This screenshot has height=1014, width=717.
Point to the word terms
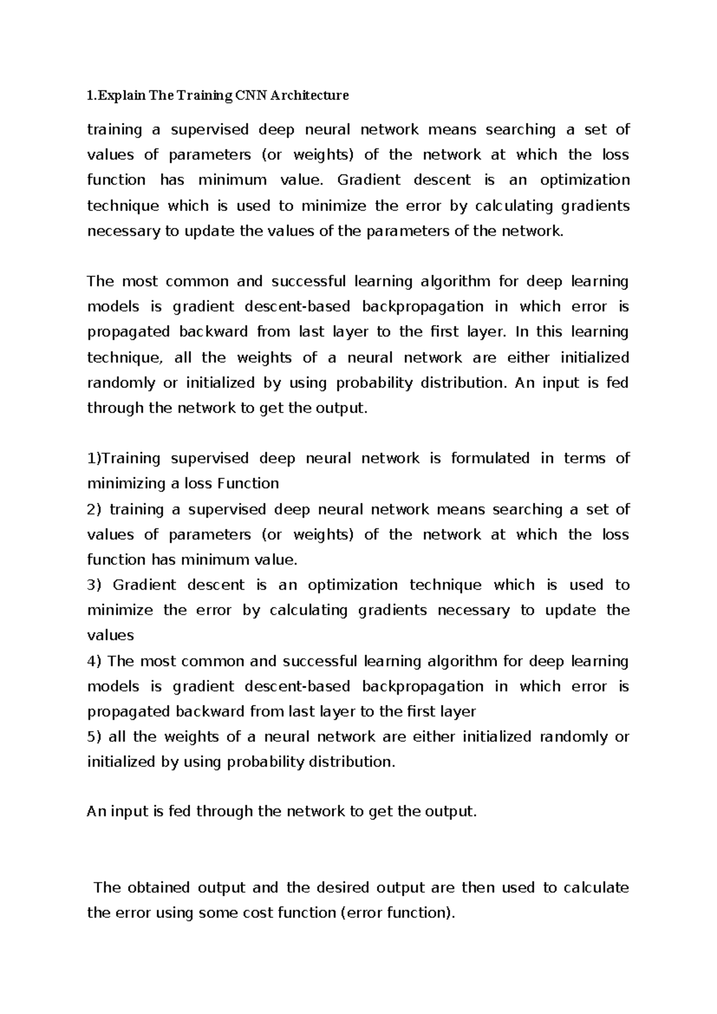(584, 459)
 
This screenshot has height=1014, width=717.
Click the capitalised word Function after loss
(248, 484)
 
